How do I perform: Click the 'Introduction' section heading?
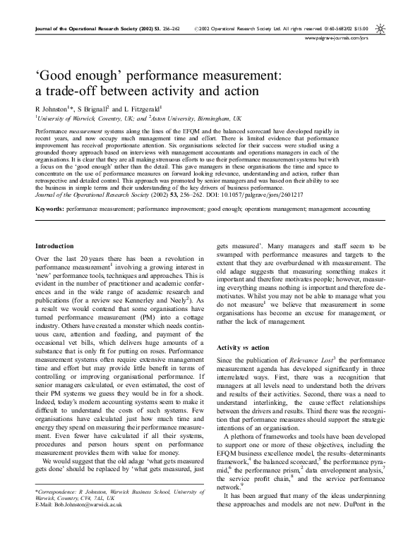[x=55, y=245]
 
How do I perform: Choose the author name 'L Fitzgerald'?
[x=143, y=110]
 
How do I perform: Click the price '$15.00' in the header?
[x=361, y=28]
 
